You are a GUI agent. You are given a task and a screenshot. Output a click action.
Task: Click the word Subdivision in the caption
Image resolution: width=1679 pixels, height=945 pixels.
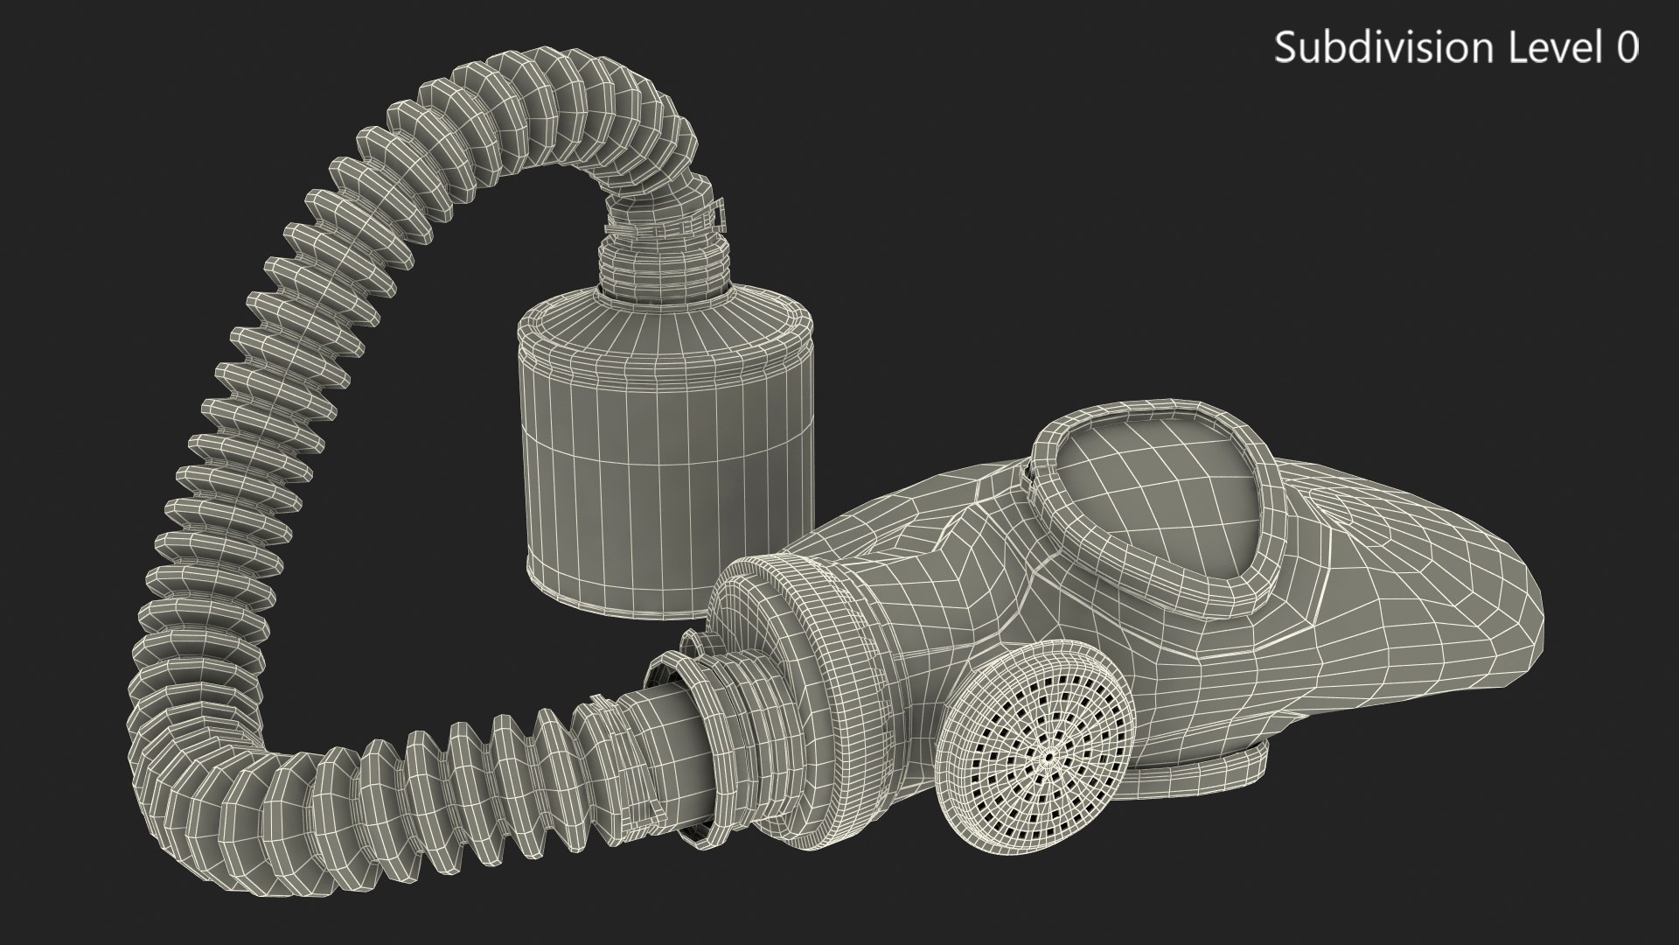click(x=1387, y=47)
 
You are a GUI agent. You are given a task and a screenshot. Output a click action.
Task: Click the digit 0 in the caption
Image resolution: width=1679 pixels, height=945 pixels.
click(x=1627, y=47)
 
